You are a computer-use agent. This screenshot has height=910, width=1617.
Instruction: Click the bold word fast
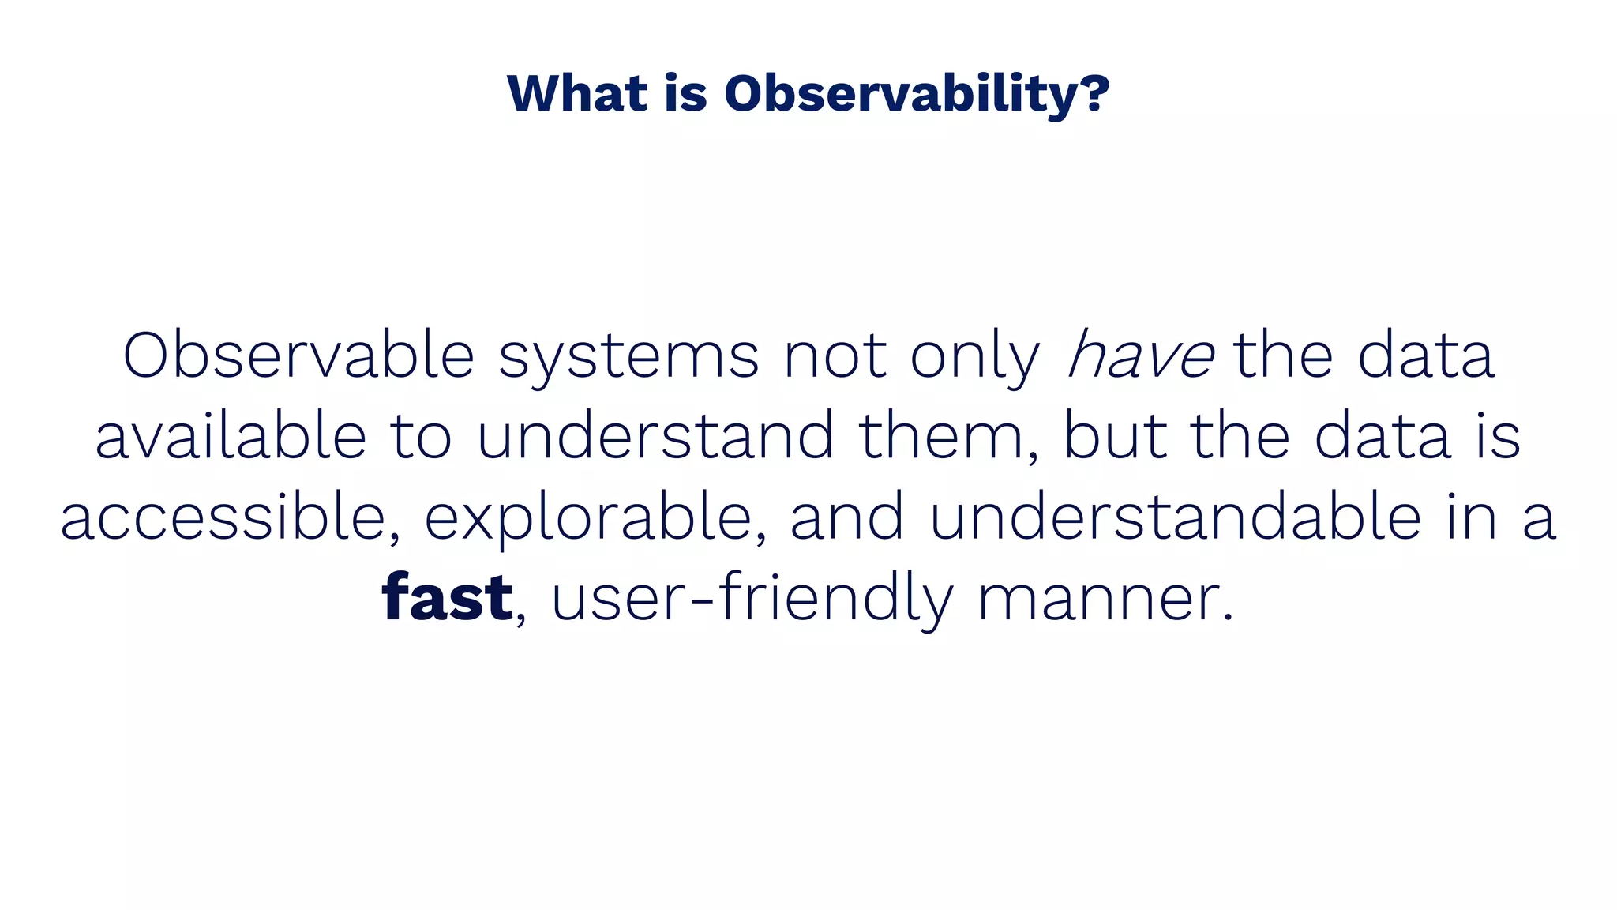click(x=447, y=598)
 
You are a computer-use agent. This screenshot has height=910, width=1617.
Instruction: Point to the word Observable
click(x=298, y=356)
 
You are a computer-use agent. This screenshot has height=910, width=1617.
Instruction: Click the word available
click(x=231, y=437)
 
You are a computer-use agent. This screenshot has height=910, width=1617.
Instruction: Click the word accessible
click(x=223, y=518)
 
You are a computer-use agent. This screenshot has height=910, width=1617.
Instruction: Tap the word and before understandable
click(x=846, y=518)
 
